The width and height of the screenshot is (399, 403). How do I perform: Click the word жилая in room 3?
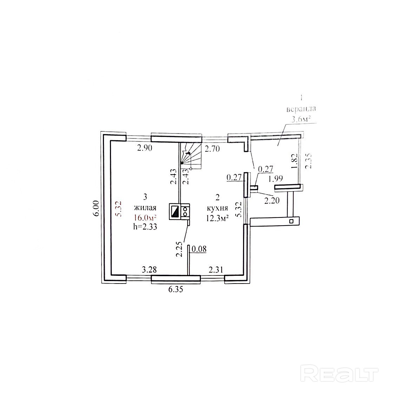tap(145, 208)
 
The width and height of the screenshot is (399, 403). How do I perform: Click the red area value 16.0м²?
tap(145, 217)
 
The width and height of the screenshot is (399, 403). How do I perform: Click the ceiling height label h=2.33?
tap(145, 227)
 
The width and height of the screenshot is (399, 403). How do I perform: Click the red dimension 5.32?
tap(118, 209)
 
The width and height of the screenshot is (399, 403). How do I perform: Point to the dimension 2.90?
tap(144, 148)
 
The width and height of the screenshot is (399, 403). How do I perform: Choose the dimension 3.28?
tap(149, 269)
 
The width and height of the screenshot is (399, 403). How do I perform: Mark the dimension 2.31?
tap(216, 269)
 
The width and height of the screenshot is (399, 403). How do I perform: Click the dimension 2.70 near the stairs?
tap(212, 149)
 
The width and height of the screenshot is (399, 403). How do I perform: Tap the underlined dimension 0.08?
tap(199, 249)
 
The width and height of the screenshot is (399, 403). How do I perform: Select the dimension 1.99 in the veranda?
tap(276, 179)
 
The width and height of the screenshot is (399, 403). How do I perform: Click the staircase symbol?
tap(190, 157)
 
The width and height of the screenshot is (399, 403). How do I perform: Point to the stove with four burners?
tap(185, 212)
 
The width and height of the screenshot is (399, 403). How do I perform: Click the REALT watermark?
tap(340, 373)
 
